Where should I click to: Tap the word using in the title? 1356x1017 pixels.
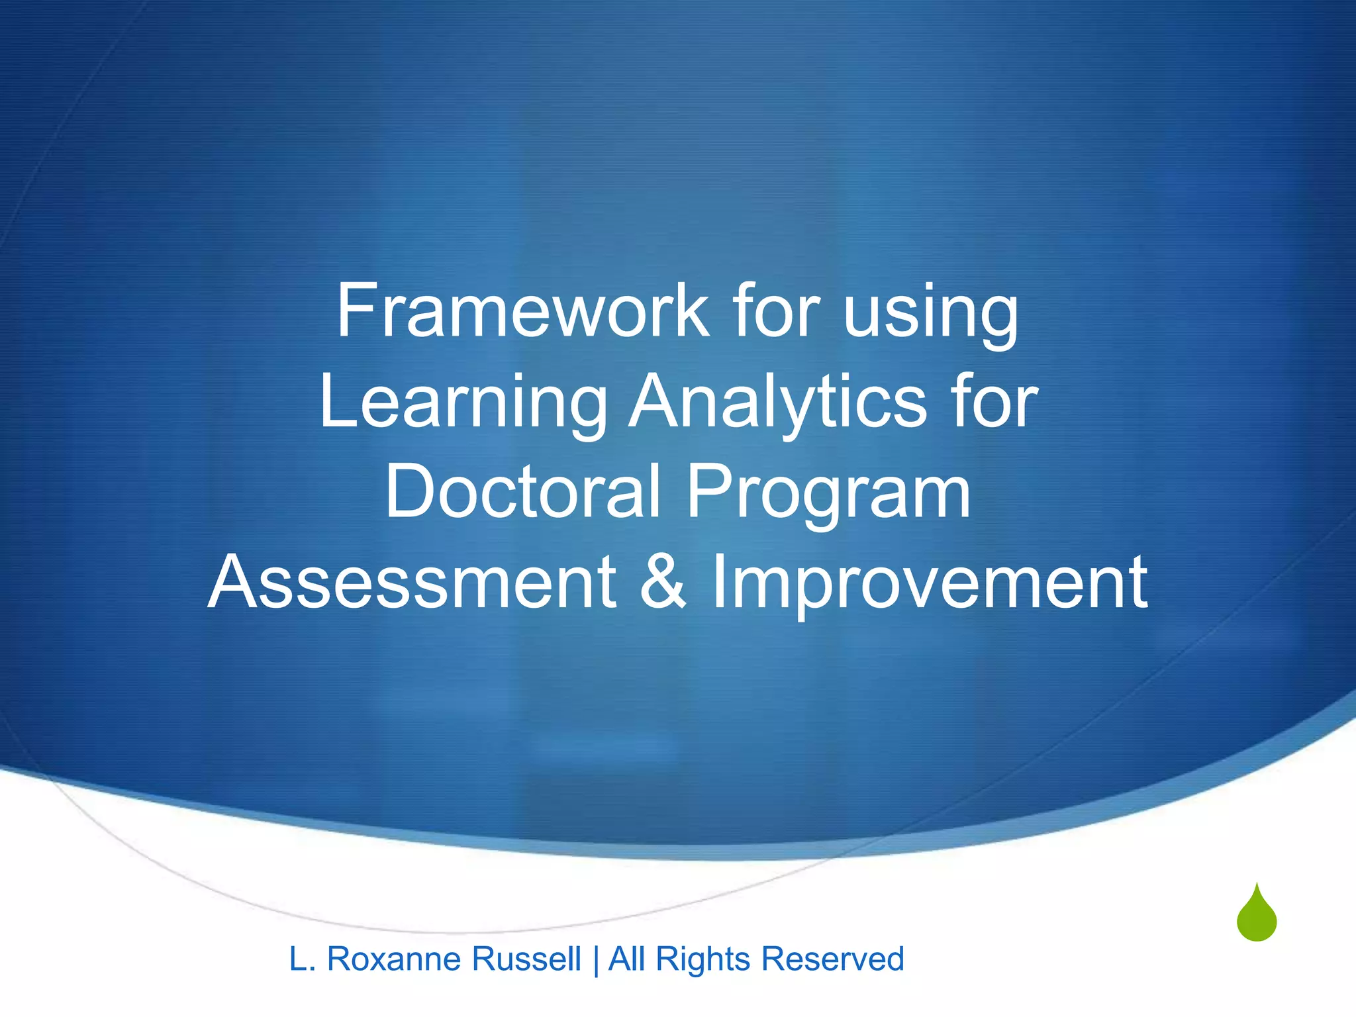[931, 315]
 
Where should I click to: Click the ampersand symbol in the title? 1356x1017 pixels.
[663, 582]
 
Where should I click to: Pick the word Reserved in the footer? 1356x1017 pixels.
[832, 959]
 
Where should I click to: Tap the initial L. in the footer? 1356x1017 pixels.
[302, 959]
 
